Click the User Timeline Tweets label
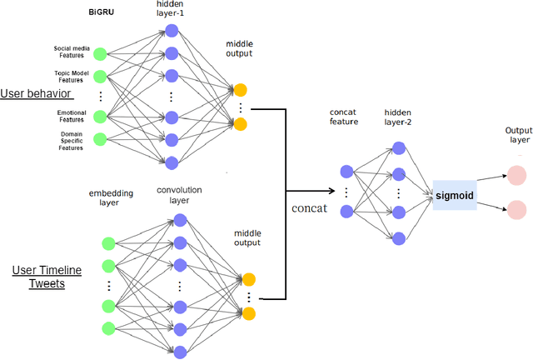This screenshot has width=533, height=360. coord(40,277)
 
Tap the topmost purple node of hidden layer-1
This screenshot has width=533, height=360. coord(172,31)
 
